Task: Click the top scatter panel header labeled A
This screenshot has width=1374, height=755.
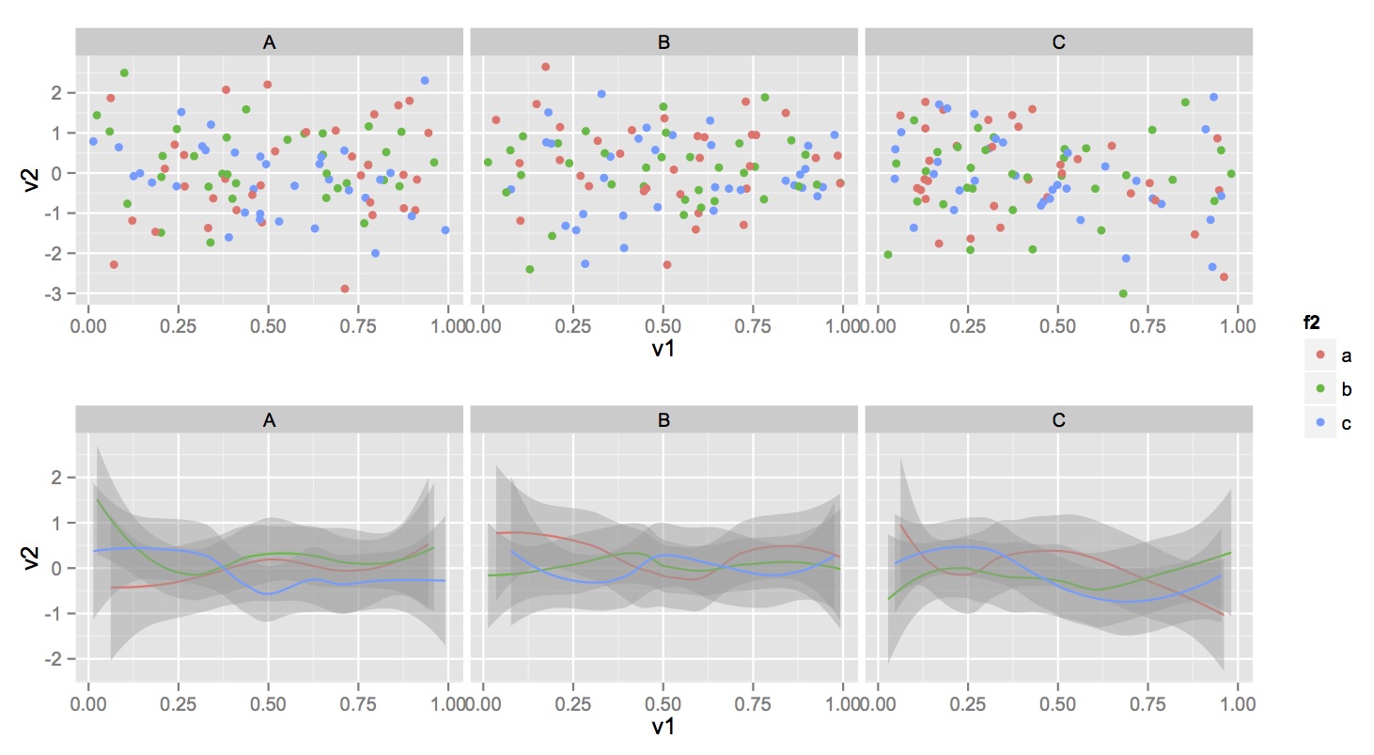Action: tap(270, 42)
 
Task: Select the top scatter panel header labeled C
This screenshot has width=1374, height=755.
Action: tap(1058, 42)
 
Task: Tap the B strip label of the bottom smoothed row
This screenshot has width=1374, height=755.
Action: tap(664, 420)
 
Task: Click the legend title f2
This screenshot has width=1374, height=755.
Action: tap(1312, 322)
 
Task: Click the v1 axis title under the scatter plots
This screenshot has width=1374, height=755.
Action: tap(664, 349)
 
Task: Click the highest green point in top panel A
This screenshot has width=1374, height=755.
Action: tap(124, 72)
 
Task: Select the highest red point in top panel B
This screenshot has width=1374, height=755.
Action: tap(545, 67)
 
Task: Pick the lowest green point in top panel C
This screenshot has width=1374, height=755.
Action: tap(1122, 293)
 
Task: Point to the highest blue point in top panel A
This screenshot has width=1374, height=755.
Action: tap(425, 81)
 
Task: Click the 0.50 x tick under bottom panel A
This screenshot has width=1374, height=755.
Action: tap(268, 702)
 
